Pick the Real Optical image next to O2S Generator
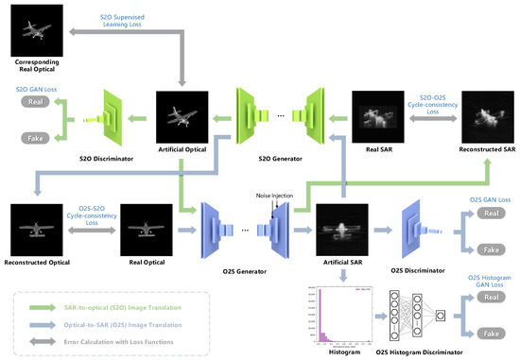(x=144, y=228)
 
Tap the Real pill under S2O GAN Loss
(x=35, y=100)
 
